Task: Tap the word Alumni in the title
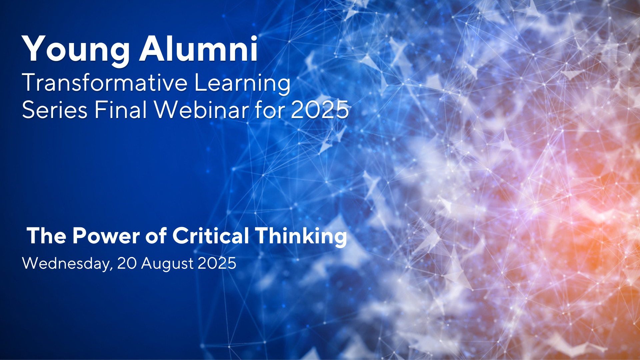199,49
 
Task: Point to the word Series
55,110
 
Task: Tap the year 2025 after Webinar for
320,110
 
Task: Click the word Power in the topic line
106,236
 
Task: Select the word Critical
211,236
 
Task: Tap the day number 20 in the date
127,263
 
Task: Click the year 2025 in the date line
217,263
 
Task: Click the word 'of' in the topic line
156,236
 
